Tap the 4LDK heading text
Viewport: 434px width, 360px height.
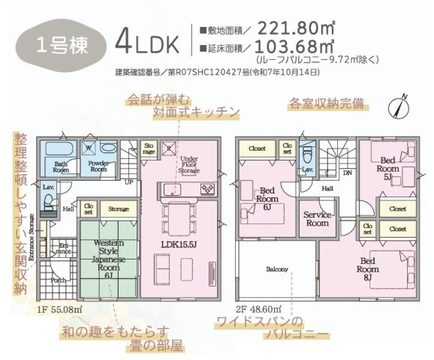click(146, 42)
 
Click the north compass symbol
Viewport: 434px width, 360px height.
click(399, 106)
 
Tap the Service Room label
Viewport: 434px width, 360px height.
click(318, 218)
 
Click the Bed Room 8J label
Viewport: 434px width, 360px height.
click(367, 264)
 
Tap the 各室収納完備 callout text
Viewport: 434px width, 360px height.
click(328, 103)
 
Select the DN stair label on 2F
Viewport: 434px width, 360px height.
click(347, 172)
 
